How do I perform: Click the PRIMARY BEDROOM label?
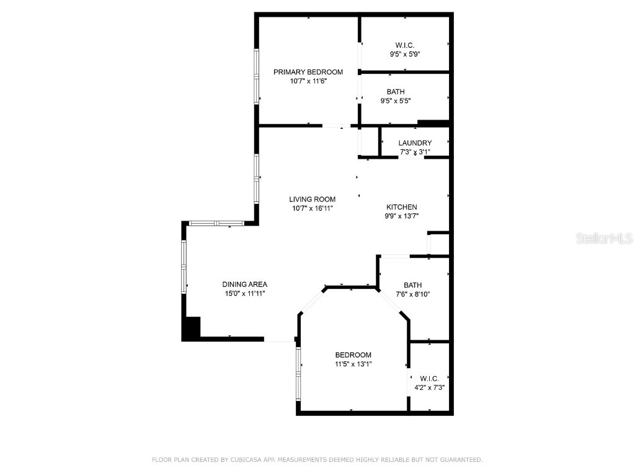click(308, 72)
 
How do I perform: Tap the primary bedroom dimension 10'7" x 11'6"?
click(308, 81)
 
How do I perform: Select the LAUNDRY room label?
click(415, 143)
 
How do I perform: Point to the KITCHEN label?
click(402, 207)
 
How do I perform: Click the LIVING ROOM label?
click(312, 200)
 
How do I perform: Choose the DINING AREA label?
click(245, 284)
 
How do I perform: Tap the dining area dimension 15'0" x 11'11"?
click(246, 294)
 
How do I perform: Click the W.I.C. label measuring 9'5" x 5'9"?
click(405, 45)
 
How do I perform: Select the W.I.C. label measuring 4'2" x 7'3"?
click(429, 379)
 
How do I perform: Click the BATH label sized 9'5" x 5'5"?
click(396, 92)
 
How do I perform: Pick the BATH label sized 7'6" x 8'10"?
click(412, 285)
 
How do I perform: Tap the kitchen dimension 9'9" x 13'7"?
click(402, 216)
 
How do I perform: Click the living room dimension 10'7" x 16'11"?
click(312, 209)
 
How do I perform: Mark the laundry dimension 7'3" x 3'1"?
click(415, 152)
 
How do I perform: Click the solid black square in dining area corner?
click(192, 328)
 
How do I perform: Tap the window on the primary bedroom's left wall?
click(256, 76)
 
